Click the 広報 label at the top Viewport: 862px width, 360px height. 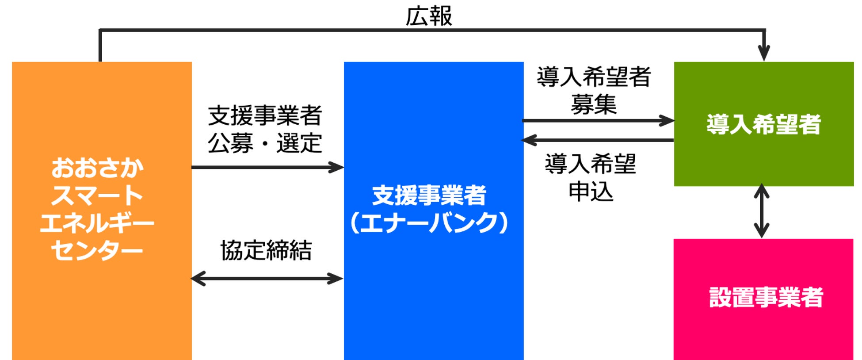click(x=428, y=16)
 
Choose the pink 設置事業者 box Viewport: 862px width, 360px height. click(x=763, y=327)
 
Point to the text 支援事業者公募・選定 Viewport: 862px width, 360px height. click(x=265, y=129)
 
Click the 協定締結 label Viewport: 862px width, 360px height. click(x=266, y=250)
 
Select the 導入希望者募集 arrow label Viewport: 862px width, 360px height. click(x=593, y=91)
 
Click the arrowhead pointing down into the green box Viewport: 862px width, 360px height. click(x=763, y=54)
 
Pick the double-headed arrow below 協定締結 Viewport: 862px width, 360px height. click(x=267, y=279)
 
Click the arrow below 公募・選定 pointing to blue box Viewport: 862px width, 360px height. click(x=267, y=167)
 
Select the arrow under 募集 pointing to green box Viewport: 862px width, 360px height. click(x=598, y=120)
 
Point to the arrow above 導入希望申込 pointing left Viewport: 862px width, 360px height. click(x=598, y=140)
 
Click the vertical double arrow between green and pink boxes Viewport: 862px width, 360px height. click(x=761, y=211)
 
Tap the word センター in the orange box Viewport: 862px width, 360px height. click(x=97, y=250)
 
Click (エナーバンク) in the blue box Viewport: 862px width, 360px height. click(x=429, y=223)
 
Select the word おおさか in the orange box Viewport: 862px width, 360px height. click(x=97, y=168)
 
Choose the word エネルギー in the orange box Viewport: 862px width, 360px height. click(x=97, y=223)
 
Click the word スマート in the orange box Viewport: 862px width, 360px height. click(x=97, y=195)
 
